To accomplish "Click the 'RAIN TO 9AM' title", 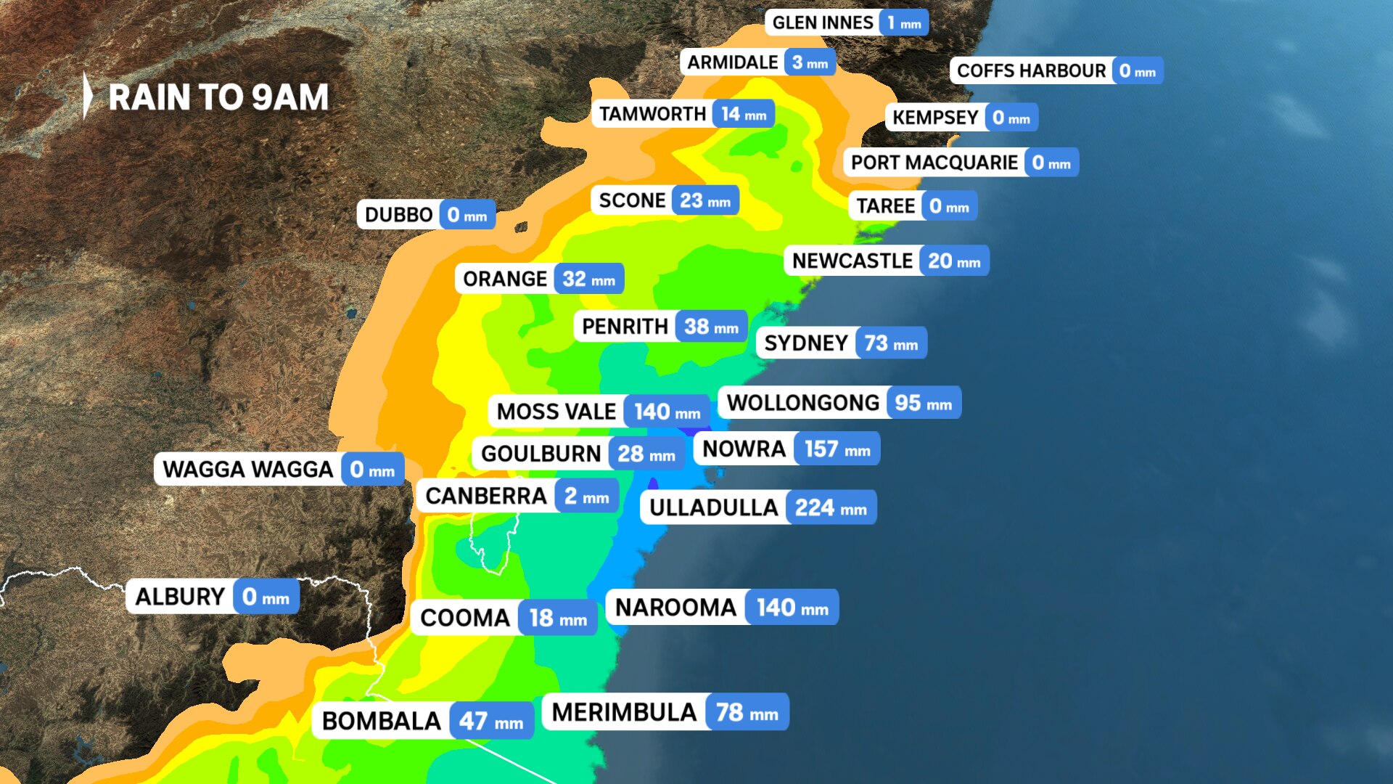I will [218, 97].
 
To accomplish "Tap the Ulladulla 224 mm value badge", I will [831, 508].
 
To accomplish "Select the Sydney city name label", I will [806, 343].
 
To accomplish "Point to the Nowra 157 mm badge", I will [837, 449].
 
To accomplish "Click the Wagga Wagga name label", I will [247, 470].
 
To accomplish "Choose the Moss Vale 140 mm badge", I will [667, 412].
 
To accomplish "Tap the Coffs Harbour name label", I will [1031, 71].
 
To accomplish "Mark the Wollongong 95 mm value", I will [923, 404].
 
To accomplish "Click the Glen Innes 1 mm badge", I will [904, 23].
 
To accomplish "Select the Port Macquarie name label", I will [934, 163].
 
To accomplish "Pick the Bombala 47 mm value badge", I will [491, 722].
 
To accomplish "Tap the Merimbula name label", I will [624, 713].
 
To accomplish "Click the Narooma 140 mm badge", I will [792, 608].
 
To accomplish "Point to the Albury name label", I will [180, 597].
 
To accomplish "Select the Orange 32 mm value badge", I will [588, 279].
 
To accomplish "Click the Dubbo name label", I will [398, 216].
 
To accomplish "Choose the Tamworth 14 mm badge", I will [744, 115].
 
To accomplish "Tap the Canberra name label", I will [485, 497].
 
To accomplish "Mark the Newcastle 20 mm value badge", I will [954, 261].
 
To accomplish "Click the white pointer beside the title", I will [88, 95].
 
